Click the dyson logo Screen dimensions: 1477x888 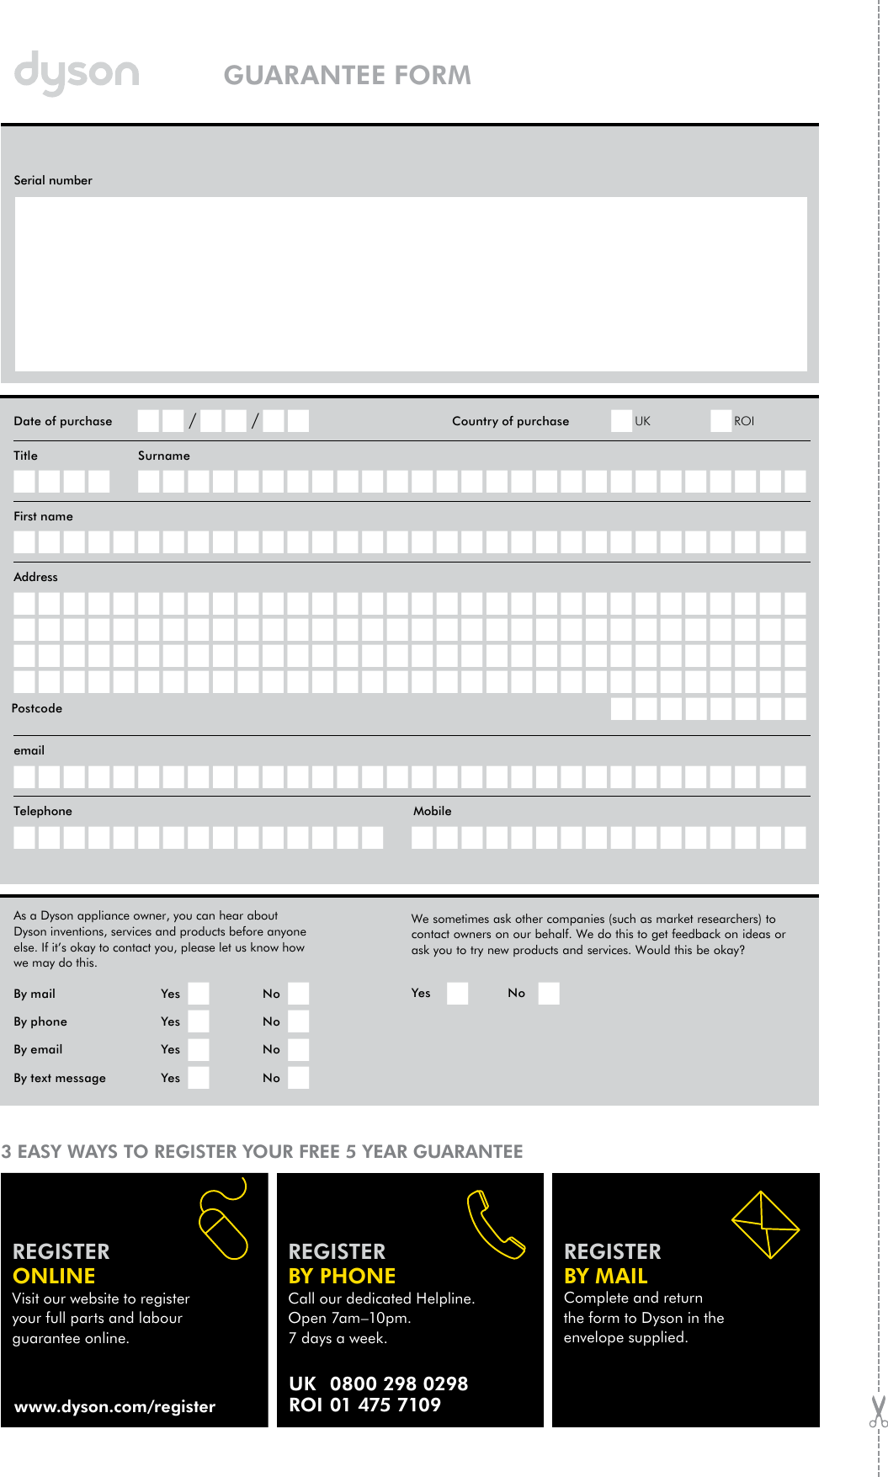click(x=77, y=73)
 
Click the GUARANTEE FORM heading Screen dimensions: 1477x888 click(x=347, y=75)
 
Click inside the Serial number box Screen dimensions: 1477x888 click(x=411, y=284)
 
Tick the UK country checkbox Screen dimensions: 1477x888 click(x=621, y=421)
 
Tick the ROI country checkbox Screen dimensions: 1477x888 click(x=721, y=421)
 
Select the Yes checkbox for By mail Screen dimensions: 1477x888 click(x=199, y=994)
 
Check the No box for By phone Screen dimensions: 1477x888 click(x=298, y=1021)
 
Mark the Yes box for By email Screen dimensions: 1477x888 click(x=199, y=1049)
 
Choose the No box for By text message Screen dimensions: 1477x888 click(x=298, y=1078)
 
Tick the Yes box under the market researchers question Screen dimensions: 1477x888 click(x=457, y=994)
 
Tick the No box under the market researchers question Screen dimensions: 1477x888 click(x=549, y=994)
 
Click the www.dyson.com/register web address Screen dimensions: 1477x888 click(x=115, y=1406)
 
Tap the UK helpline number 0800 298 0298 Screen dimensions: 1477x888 click(x=398, y=1384)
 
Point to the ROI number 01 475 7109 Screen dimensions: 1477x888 click(x=385, y=1405)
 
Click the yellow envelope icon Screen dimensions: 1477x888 click(x=765, y=1224)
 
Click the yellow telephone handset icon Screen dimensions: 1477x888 click(x=495, y=1224)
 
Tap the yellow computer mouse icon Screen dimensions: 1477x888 click(x=223, y=1225)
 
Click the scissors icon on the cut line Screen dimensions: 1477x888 click(x=878, y=1411)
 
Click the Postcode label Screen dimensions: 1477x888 click(x=37, y=708)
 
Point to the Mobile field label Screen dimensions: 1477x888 click(x=432, y=811)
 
